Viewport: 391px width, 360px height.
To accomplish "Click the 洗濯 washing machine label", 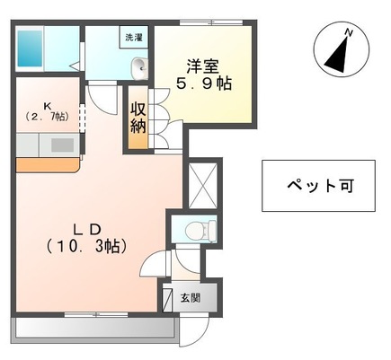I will coord(134,39).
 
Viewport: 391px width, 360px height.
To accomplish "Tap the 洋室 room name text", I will coord(200,66).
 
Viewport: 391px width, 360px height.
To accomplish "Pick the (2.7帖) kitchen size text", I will coord(45,118).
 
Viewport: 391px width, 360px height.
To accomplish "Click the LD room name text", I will coord(86,227).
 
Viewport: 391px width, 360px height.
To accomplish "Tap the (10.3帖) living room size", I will coord(86,245).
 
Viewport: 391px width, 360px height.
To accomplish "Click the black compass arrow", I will coord(337,54).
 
